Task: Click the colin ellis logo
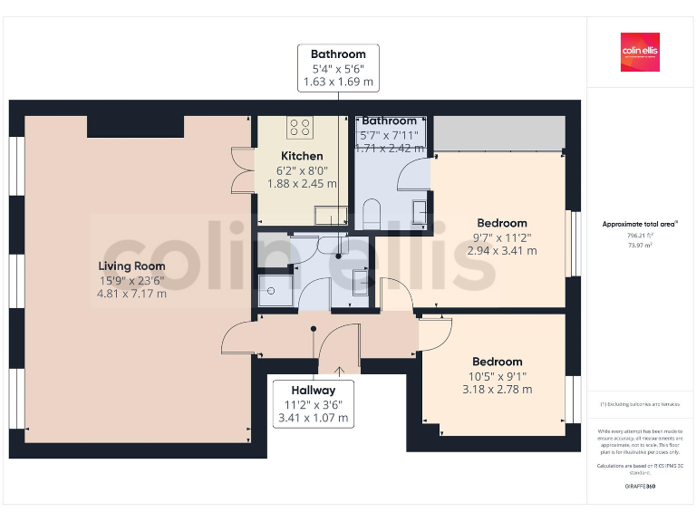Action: tap(641, 53)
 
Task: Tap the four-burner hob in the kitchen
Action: tap(300, 127)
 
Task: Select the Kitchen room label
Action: tap(302, 156)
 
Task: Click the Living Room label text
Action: tap(132, 266)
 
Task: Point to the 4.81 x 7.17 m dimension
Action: tap(132, 294)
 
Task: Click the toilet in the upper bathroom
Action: tap(371, 215)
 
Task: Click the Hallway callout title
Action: tap(314, 391)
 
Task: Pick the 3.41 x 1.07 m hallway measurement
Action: tap(314, 419)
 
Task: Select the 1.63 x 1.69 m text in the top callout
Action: tap(338, 82)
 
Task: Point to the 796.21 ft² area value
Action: tap(641, 234)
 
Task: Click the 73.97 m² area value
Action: tap(641, 244)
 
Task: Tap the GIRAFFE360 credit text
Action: tap(641, 487)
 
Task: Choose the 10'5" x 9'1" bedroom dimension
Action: tap(497, 376)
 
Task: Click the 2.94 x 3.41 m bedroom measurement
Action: tap(502, 250)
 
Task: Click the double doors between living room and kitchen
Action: tap(241, 169)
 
